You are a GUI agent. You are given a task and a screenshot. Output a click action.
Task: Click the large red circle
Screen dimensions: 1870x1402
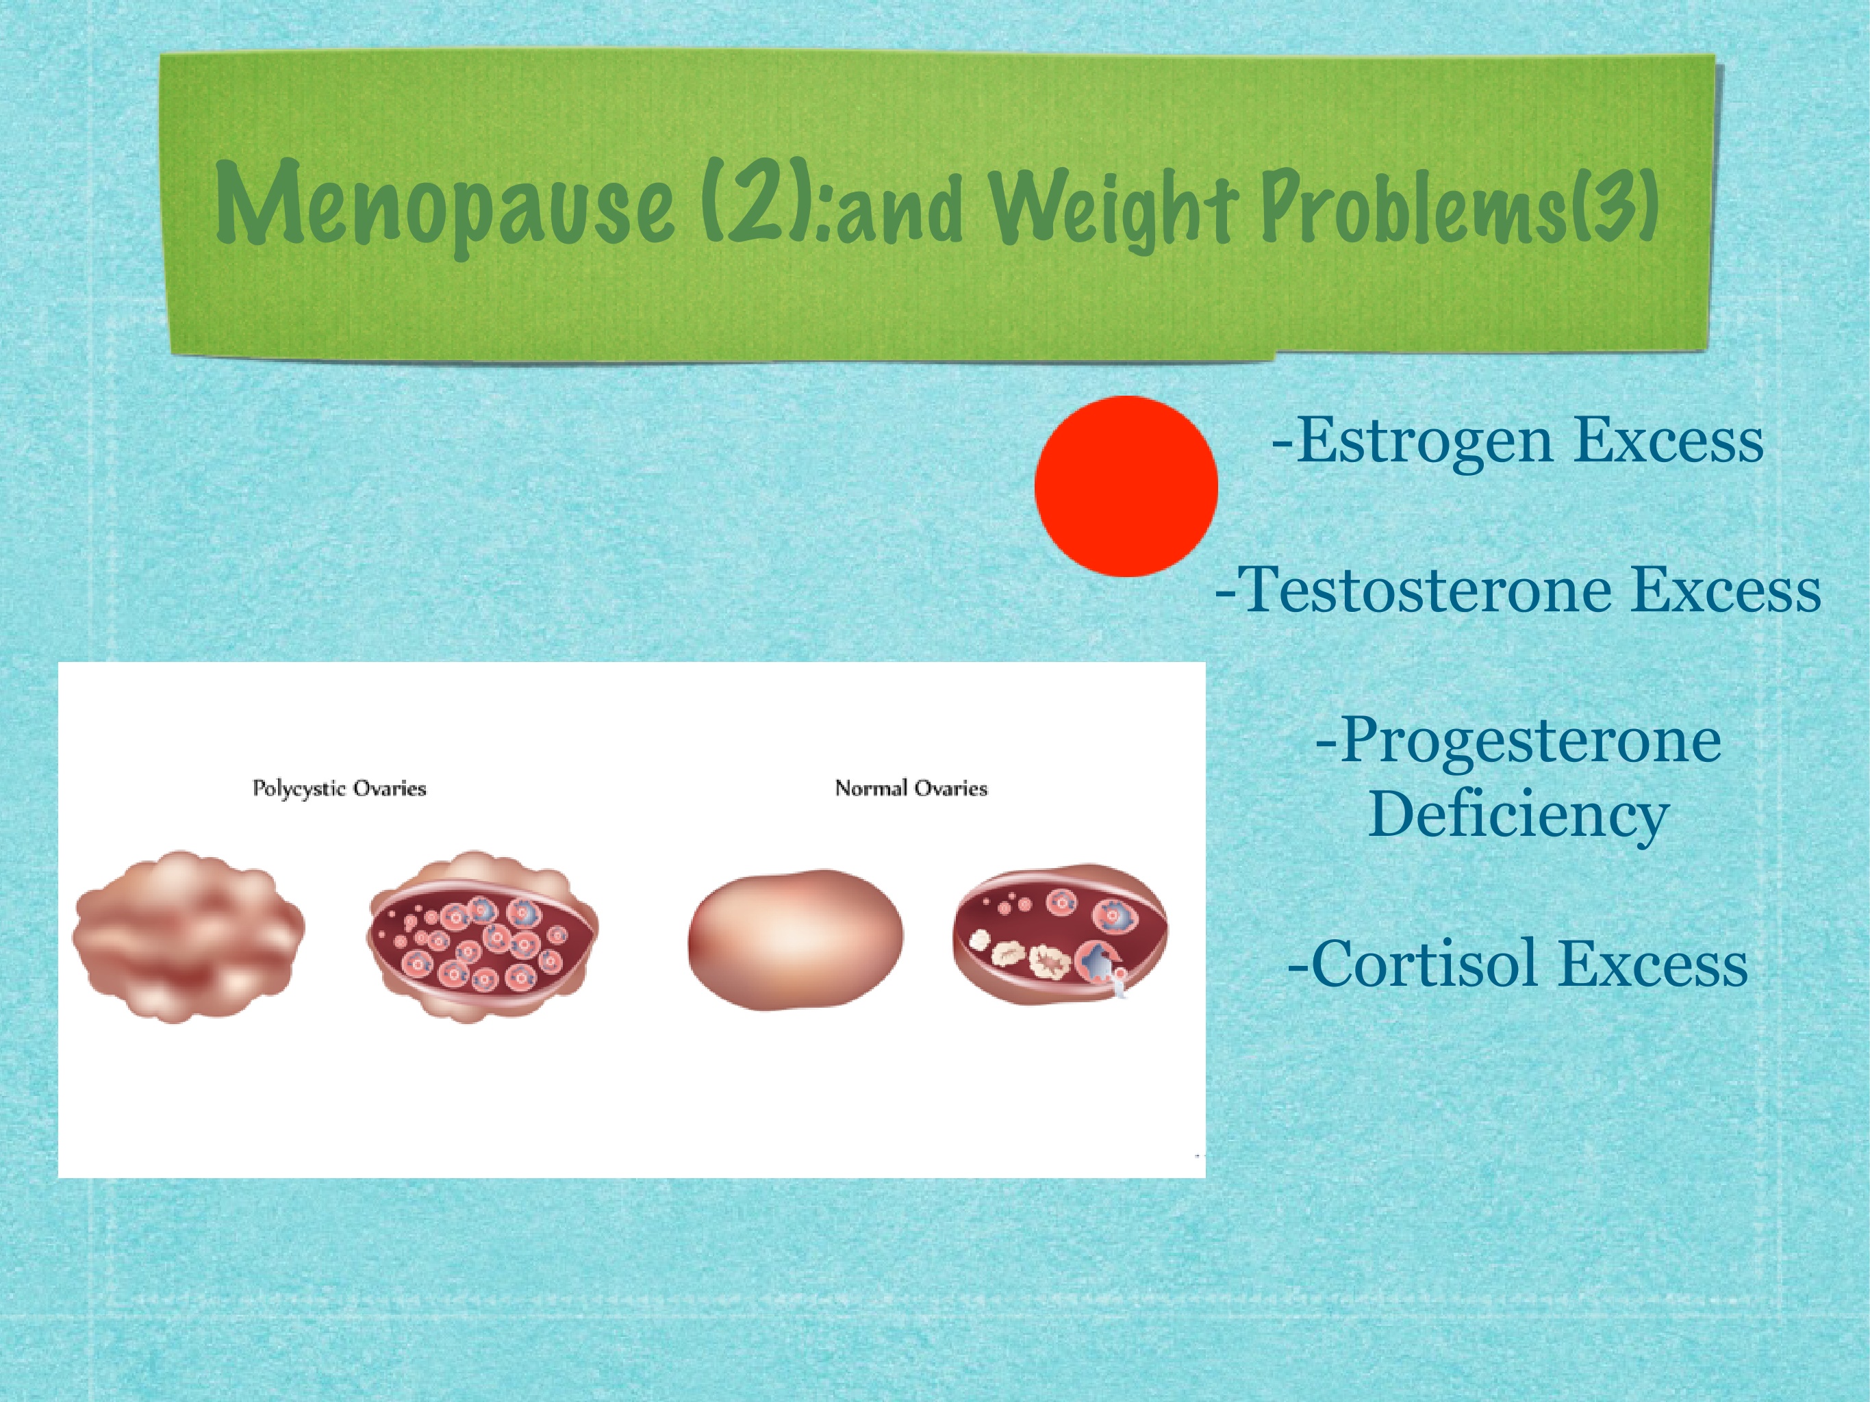click(x=1126, y=486)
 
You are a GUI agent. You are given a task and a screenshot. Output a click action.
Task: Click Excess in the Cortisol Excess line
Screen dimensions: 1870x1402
click(x=1654, y=965)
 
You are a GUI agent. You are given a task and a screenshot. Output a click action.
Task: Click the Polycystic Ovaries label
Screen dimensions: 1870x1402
click(x=339, y=789)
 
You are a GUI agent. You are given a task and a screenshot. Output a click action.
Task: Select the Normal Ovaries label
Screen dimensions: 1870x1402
click(x=911, y=789)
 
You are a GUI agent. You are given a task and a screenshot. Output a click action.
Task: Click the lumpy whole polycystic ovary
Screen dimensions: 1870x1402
click(x=188, y=936)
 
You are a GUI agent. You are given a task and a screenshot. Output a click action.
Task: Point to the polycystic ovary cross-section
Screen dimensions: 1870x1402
click(x=483, y=936)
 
